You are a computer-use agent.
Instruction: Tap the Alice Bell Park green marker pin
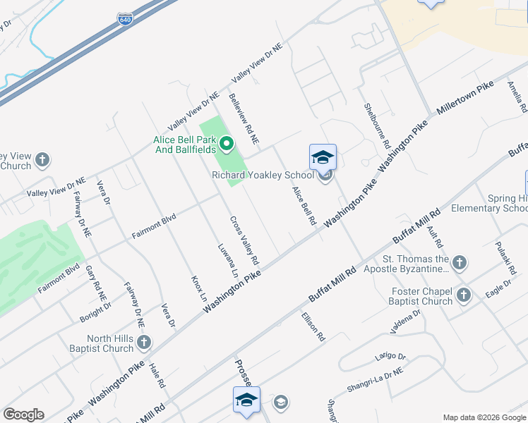[x=227, y=145]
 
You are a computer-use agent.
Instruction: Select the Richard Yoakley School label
[x=263, y=175]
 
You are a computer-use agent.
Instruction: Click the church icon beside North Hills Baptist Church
[x=144, y=343]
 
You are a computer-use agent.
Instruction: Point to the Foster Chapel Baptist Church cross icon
[x=464, y=295]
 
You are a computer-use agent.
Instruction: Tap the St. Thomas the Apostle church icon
[x=459, y=264]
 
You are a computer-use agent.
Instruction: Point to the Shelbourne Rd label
[x=377, y=125]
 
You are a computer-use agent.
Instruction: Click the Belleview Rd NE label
[x=244, y=119]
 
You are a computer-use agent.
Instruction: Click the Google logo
[x=23, y=415]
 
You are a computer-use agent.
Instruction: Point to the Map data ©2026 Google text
[x=484, y=417]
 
